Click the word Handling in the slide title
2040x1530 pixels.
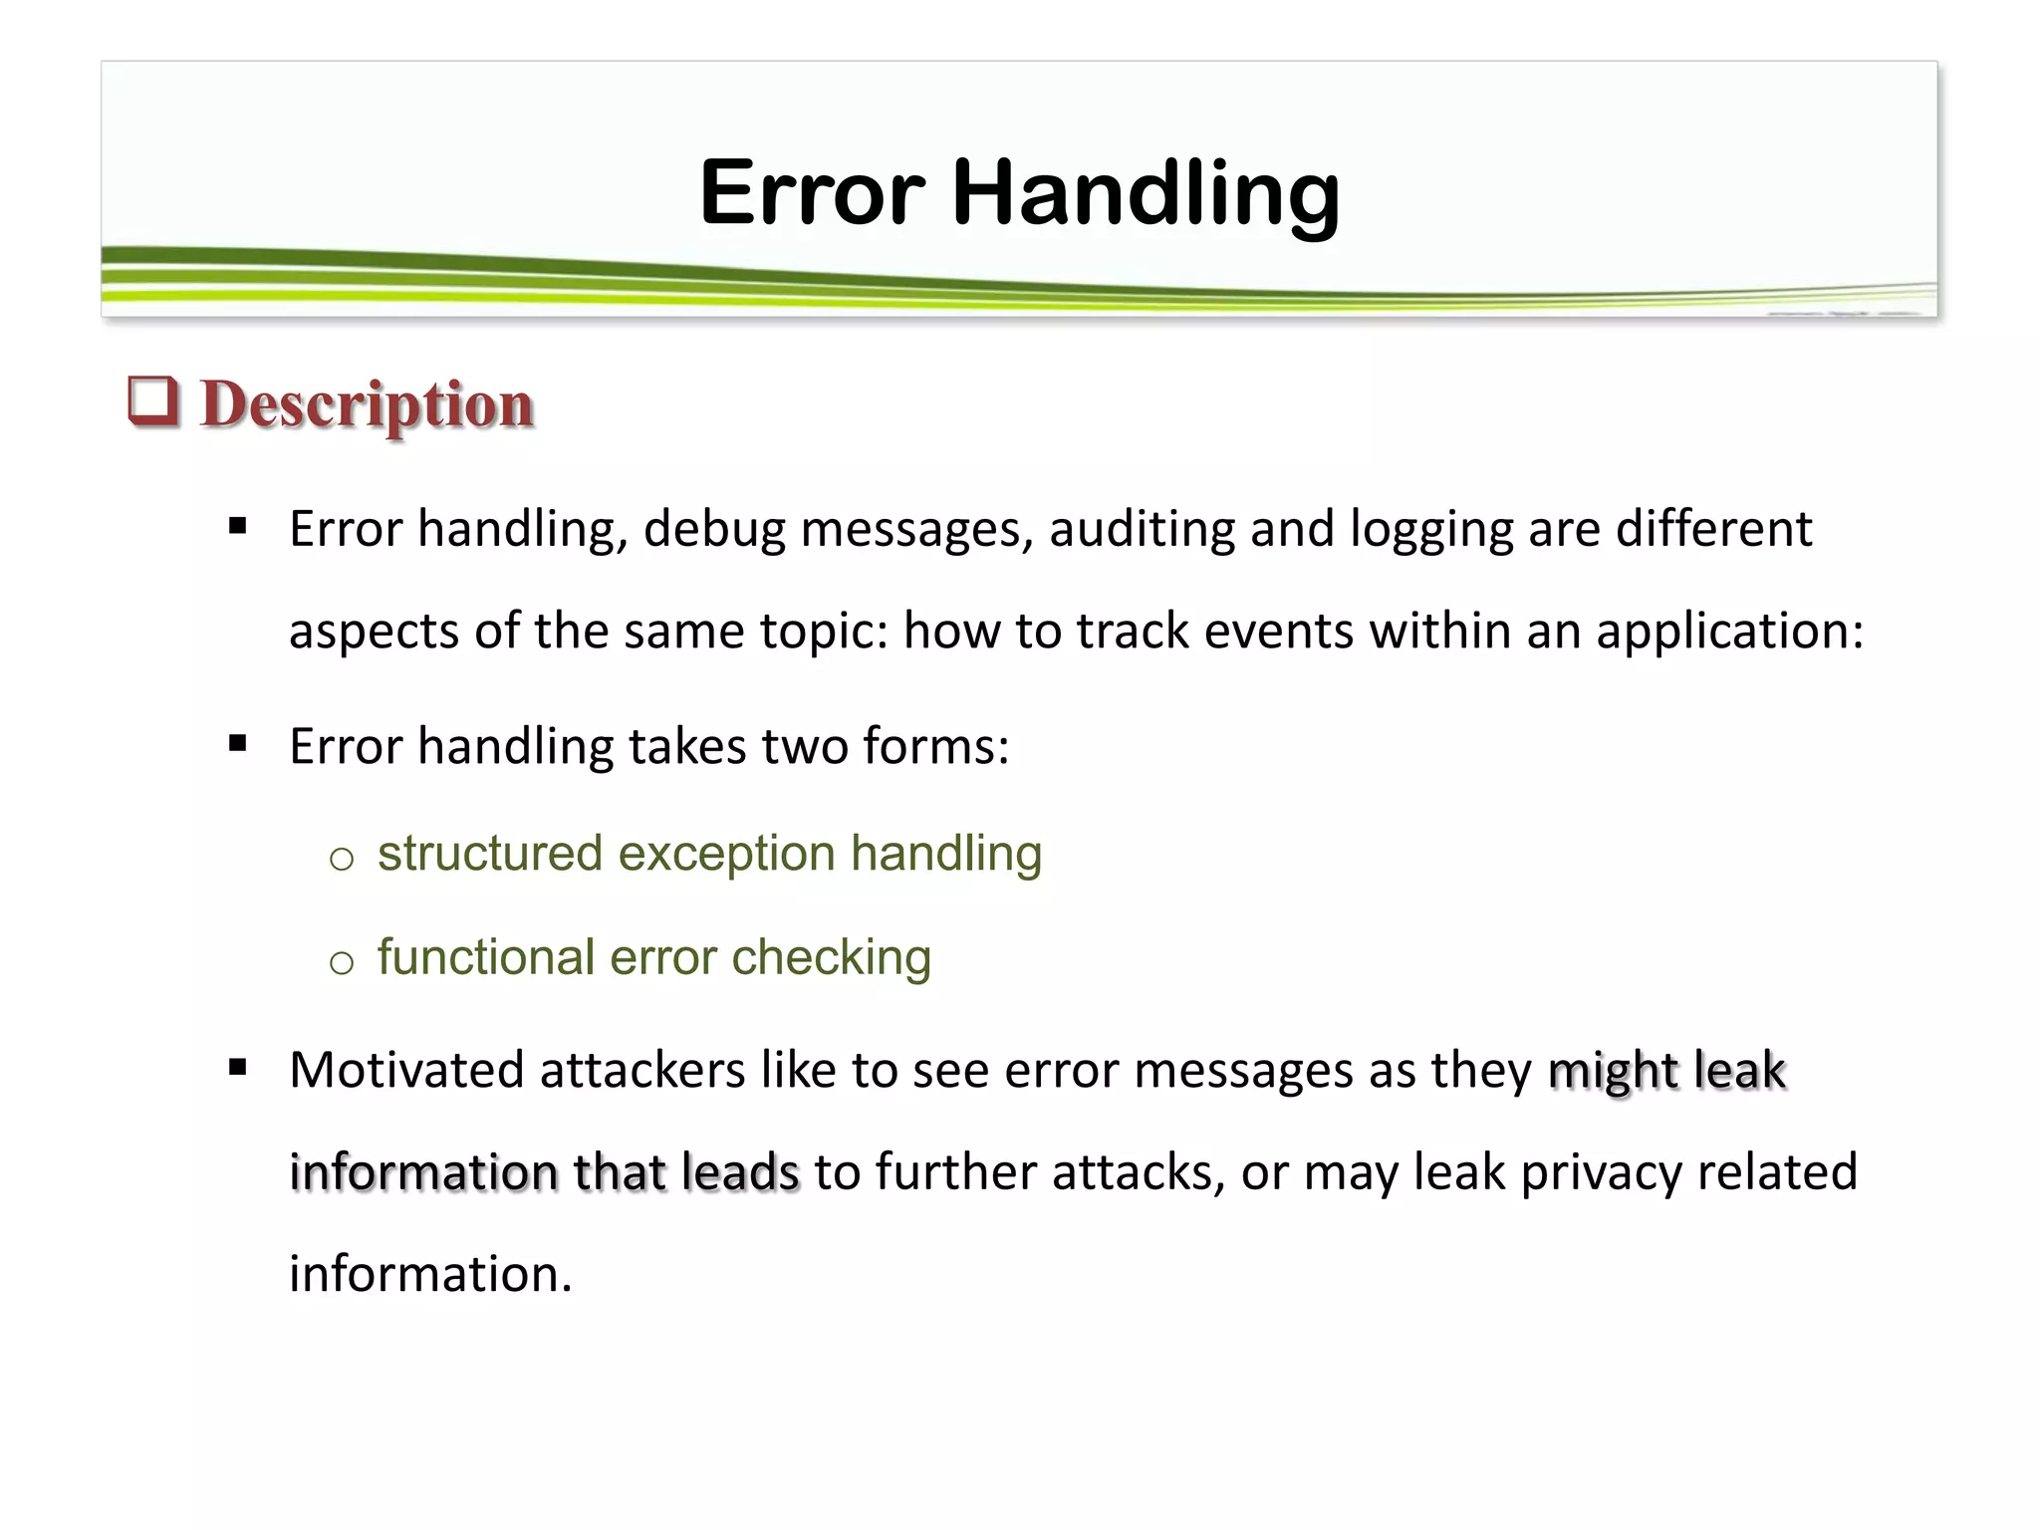(1146, 193)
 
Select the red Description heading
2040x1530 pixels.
(367, 404)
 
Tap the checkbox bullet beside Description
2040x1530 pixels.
(153, 401)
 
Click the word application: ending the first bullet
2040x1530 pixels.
(1729, 632)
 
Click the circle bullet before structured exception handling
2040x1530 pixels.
(342, 858)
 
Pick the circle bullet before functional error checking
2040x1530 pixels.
(342, 961)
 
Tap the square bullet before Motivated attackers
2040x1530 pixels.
(237, 1068)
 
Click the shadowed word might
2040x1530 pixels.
(1613, 1071)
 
